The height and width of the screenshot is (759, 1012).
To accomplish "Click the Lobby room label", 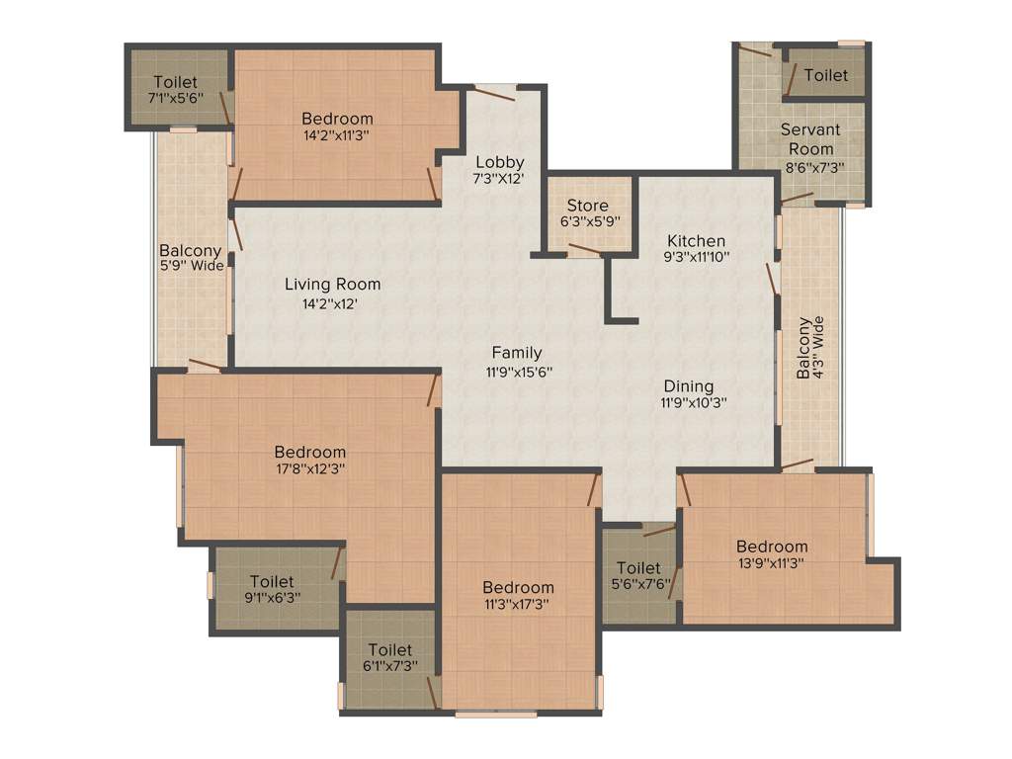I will (499, 162).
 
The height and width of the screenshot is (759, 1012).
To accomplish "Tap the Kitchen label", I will (696, 241).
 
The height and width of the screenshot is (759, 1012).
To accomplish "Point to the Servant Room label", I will (810, 139).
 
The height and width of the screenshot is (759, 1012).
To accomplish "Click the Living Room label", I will (332, 285).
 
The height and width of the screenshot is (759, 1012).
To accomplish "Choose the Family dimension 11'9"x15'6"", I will (518, 373).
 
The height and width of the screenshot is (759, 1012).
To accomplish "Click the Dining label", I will (688, 385).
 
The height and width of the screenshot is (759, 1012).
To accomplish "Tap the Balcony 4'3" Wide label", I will (810, 348).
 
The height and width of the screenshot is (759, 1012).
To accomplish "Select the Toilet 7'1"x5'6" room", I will (176, 90).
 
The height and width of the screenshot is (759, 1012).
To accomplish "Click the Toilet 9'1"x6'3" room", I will (271, 589).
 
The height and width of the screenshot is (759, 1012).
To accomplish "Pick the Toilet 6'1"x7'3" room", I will (389, 658).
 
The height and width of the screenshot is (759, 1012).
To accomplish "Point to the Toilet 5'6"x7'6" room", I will (638, 576).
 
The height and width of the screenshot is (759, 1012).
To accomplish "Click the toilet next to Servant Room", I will (825, 75).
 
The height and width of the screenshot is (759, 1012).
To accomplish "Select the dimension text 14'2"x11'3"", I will (337, 136).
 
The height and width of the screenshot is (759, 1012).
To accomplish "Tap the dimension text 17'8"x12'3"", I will (309, 469).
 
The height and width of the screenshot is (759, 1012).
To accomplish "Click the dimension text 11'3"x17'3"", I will (518, 605).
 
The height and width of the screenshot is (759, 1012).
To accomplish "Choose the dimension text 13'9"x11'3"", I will (771, 563).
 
